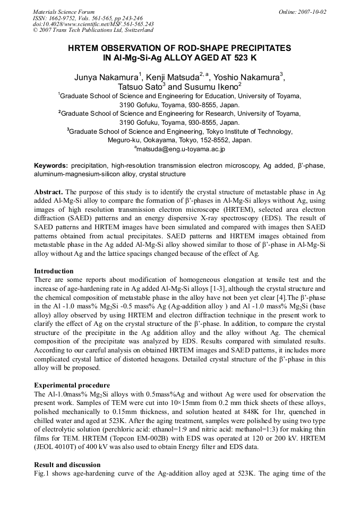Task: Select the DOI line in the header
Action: click(x=93, y=24)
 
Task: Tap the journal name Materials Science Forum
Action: click(x=64, y=11)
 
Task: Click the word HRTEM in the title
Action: click(x=88, y=48)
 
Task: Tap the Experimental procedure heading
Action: click(x=72, y=385)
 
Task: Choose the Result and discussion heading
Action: click(x=67, y=464)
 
